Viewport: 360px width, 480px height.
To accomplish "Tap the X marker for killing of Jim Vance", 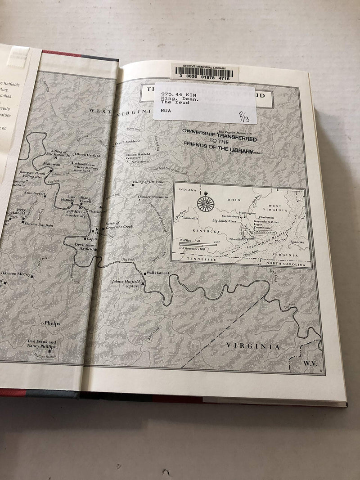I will (x=133, y=185).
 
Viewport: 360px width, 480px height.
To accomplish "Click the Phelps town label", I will (x=52, y=323).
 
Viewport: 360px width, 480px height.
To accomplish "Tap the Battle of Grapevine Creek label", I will (x=118, y=226).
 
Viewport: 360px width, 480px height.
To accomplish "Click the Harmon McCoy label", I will (x=16, y=274).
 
